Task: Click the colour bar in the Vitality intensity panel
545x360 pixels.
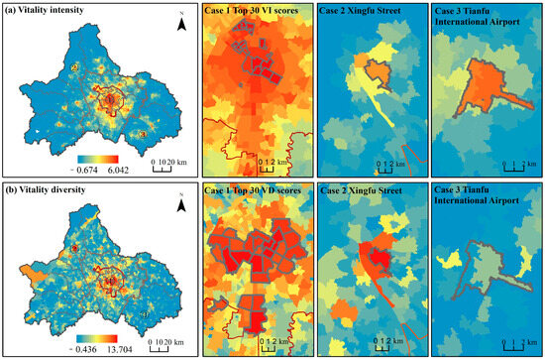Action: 96,159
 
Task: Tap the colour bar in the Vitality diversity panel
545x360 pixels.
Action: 96,338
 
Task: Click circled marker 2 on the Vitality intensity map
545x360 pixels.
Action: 74,67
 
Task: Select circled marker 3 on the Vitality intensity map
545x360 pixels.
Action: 144,134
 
